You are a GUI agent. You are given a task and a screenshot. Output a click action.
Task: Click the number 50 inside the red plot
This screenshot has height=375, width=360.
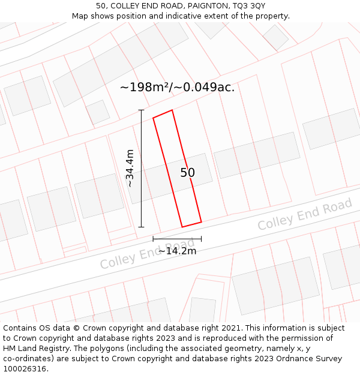tap(187, 173)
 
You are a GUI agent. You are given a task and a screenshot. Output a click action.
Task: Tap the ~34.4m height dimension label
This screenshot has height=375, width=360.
tap(130, 169)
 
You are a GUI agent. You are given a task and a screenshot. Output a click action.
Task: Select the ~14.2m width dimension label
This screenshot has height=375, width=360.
tap(177, 251)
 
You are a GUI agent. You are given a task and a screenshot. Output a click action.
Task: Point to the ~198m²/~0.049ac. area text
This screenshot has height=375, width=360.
tap(177, 88)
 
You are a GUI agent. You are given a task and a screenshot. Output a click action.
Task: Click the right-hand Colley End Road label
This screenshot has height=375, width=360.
tap(305, 215)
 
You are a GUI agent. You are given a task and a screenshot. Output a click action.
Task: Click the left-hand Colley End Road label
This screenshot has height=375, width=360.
tap(148, 254)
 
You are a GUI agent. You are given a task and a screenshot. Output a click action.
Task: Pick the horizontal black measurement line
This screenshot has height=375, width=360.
tap(177, 239)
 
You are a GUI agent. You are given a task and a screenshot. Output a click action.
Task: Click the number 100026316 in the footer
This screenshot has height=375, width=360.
tap(25, 368)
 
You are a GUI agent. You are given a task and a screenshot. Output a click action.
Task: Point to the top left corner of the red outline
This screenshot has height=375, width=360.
tap(154, 118)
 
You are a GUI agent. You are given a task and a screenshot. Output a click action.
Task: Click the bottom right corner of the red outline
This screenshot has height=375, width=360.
tap(201, 222)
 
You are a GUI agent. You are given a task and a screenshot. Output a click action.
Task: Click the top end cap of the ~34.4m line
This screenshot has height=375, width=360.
tap(142, 110)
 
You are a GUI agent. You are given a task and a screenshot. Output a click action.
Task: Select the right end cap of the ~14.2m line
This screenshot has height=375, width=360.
tap(201, 239)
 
